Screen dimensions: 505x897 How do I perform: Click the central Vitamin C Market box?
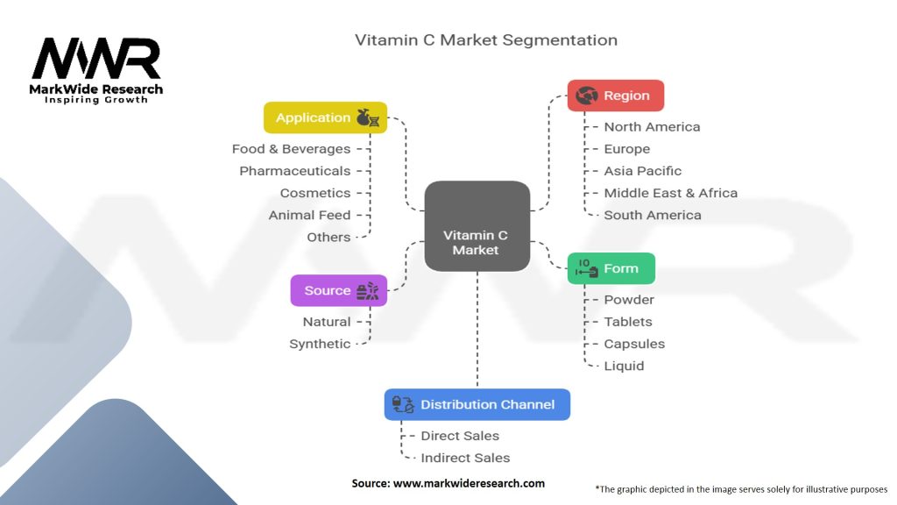pos(477,225)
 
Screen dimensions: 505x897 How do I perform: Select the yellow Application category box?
pos(325,117)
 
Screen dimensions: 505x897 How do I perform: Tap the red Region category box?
pos(615,96)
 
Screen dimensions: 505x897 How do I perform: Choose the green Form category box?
pos(611,268)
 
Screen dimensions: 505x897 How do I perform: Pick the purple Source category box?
pos(338,290)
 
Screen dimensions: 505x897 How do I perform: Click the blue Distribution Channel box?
pos(477,404)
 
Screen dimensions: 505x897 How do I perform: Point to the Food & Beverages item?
pos(291,149)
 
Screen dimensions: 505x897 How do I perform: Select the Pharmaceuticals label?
pos(294,171)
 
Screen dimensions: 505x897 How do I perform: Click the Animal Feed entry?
pos(309,215)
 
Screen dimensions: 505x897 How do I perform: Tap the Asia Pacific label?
pos(642,171)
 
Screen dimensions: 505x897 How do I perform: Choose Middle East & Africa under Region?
pos(670,193)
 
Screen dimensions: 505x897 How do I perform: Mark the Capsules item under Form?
pos(634,344)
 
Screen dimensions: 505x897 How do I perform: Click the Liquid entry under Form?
pos(624,366)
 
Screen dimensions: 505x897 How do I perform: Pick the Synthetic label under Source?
pos(320,344)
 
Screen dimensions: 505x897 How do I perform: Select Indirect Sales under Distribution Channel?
pos(465,458)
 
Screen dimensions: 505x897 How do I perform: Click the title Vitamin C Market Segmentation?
pos(485,40)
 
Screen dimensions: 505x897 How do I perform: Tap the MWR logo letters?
pos(96,60)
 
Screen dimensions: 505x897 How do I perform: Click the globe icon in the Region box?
pos(587,96)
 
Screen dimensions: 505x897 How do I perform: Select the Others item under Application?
pos(328,237)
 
